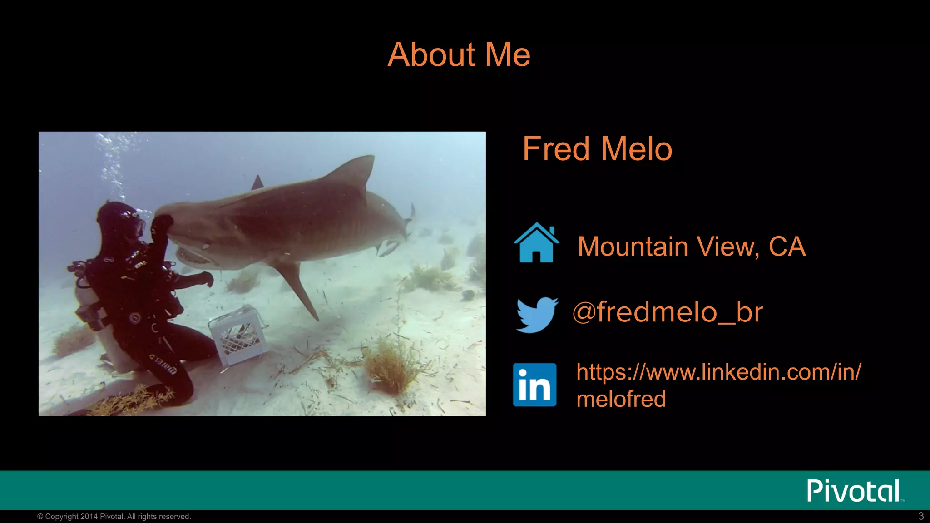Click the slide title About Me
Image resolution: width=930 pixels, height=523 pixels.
point(459,54)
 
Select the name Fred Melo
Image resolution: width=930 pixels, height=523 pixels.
point(597,149)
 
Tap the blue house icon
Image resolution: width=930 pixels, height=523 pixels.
point(536,243)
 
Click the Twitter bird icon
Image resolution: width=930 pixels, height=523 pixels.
point(537,314)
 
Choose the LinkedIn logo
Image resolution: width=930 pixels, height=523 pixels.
point(534,385)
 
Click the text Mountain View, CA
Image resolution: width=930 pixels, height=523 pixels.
point(691,247)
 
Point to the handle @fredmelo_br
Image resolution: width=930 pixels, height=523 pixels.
point(668,312)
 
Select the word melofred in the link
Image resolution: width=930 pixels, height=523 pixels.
point(621,399)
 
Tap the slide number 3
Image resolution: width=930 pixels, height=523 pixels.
point(921,516)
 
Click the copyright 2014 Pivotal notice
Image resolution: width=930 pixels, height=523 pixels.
point(114,517)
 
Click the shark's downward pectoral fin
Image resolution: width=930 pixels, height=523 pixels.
point(297,286)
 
